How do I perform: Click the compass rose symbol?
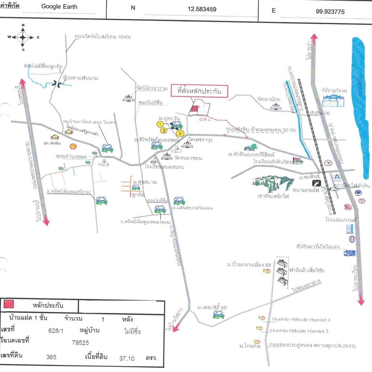23,38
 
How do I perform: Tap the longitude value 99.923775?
330,11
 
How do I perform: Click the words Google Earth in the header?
59,7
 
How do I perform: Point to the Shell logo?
72,146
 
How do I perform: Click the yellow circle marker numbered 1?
160,124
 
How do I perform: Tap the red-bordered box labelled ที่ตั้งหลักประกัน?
199,91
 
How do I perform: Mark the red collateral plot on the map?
193,110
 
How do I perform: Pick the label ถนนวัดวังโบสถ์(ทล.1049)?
103,37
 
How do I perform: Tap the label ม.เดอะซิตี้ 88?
212,307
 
